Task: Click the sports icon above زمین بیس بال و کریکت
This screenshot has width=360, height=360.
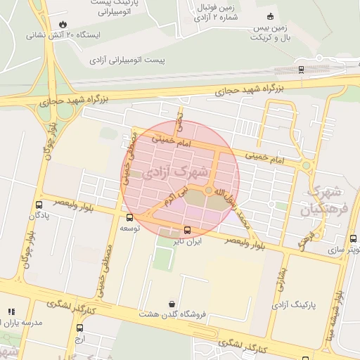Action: pyautogui.click(x=270, y=16)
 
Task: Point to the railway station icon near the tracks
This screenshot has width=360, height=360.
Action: pyautogui.click(x=302, y=69)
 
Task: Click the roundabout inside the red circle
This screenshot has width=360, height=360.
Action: pyautogui.click(x=209, y=191)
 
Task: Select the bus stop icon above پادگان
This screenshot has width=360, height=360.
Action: pyautogui.click(x=39, y=205)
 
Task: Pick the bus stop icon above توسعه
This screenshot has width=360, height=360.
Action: pyautogui.click(x=129, y=217)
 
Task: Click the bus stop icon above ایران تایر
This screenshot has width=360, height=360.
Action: pyautogui.click(x=187, y=230)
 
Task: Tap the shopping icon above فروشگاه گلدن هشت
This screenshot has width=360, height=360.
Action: pyautogui.click(x=172, y=304)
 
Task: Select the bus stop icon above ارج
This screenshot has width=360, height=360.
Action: pyautogui.click(x=79, y=328)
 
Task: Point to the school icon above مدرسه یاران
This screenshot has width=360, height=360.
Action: pyautogui.click(x=11, y=311)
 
